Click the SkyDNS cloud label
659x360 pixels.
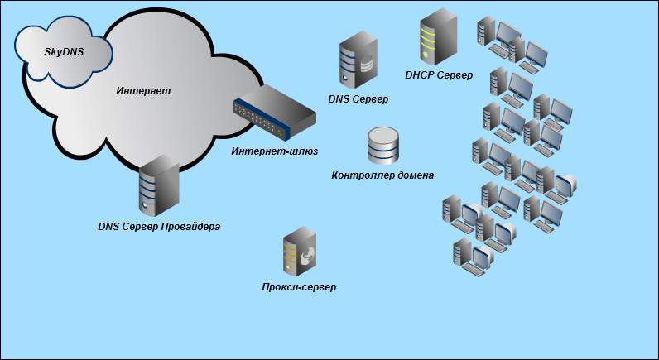pos(64,51)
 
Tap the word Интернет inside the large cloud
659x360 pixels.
pos(143,91)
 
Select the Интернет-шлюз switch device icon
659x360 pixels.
pos(274,112)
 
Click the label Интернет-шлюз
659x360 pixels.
pos(274,151)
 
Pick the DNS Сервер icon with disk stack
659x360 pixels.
pos(358,60)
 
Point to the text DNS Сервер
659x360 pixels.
pos(358,99)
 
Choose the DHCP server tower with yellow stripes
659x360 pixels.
pos(438,36)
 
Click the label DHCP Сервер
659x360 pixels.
pos(439,75)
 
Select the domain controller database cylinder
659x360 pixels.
pos(382,146)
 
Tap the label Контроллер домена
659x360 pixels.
pos(382,175)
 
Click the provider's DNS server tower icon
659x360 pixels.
pos(159,185)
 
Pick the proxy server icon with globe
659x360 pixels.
pos(300,252)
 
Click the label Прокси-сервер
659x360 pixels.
pos(299,287)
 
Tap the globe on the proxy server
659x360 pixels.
pos(307,256)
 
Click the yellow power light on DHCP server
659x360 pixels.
pos(426,54)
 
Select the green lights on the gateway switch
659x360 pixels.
pos(280,133)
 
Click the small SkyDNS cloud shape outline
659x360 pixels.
pos(64,26)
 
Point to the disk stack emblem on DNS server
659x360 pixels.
pos(367,64)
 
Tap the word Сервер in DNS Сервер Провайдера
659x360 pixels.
pos(142,227)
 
